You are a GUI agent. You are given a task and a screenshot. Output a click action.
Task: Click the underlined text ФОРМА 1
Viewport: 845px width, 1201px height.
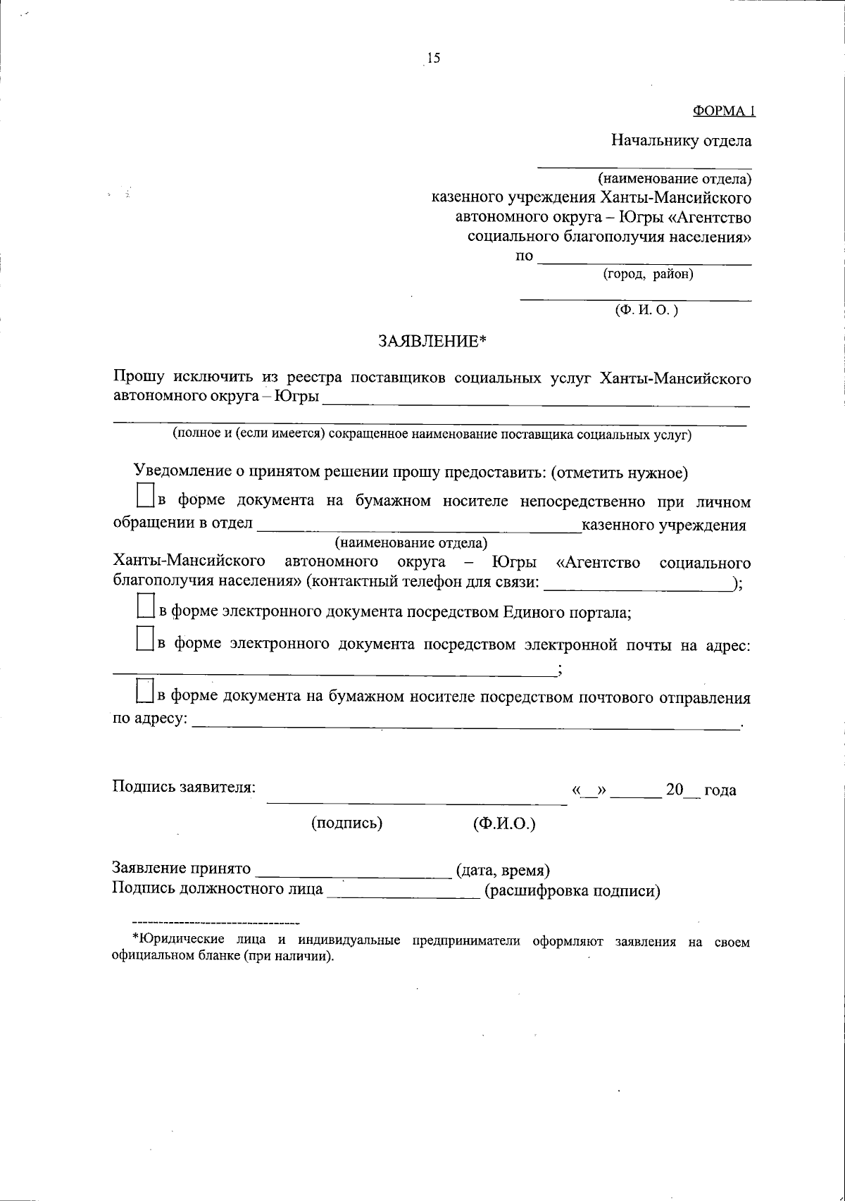724,111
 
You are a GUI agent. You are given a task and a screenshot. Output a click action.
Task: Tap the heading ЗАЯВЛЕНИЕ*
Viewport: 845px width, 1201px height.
432,342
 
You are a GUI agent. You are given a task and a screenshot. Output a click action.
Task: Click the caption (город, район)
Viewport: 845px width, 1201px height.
648,275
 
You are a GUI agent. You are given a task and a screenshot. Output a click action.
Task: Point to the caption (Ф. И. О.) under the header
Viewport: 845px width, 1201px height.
646,310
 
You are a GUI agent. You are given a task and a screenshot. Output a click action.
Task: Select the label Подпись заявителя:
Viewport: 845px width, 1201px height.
184,787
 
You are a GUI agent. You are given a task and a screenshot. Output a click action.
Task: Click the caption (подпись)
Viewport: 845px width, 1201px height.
347,823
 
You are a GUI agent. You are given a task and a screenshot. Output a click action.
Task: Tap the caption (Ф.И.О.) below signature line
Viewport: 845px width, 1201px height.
504,823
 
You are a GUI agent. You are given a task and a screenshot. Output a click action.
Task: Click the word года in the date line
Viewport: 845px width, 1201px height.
720,790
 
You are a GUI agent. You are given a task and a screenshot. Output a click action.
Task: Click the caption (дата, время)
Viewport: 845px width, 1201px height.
503,871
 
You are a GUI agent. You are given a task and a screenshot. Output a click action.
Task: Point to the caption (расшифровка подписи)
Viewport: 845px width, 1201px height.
572,891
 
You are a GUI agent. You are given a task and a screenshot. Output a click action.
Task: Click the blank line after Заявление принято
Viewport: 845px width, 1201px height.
355,874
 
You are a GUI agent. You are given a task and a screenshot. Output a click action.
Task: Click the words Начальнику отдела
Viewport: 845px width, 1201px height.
680,140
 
